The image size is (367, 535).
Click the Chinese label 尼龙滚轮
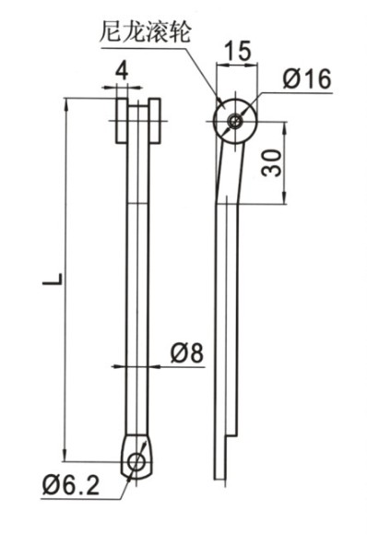coord(145,31)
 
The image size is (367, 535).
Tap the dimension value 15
coord(239,51)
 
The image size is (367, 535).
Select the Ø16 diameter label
coord(307,78)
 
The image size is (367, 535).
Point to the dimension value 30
coord(272,162)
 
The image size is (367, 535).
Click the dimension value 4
coord(122,72)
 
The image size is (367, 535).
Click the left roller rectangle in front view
coord(122,121)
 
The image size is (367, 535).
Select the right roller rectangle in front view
coord(155,121)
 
